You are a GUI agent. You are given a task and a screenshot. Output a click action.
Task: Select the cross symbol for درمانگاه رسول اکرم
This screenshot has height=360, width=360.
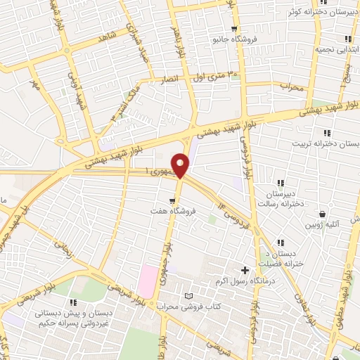point(245,270)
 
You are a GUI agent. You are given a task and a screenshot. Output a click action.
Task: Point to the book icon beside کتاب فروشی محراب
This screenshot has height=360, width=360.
point(187,296)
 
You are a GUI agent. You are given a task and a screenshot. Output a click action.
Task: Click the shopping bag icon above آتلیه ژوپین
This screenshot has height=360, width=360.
point(323,214)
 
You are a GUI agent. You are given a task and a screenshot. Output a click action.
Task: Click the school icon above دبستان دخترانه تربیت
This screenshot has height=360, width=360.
point(326,132)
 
